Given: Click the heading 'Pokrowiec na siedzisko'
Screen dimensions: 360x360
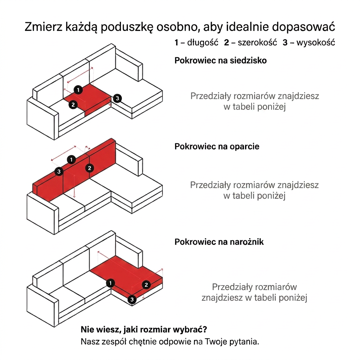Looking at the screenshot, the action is click(x=220, y=60).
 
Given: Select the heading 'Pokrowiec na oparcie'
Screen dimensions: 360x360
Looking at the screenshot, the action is click(x=217, y=147).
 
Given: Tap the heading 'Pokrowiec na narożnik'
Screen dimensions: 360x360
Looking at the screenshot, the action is click(x=219, y=242).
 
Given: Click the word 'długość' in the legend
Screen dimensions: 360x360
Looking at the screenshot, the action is click(x=203, y=43).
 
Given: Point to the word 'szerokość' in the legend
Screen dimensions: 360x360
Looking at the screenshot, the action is click(x=257, y=43).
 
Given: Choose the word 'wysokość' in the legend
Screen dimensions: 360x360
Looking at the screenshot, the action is click(x=316, y=43).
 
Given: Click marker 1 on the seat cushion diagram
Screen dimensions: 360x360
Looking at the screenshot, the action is click(x=78, y=90).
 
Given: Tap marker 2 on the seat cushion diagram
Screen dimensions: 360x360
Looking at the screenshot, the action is click(x=73, y=105).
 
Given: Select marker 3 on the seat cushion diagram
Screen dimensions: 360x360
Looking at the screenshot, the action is click(x=117, y=98).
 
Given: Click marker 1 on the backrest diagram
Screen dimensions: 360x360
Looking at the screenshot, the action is click(x=71, y=160).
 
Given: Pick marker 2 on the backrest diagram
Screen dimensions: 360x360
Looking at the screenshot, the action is click(x=90, y=168).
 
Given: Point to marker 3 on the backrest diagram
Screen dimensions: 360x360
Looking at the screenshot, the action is click(x=59, y=172).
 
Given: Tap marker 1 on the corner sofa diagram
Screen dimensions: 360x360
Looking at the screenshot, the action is click(x=110, y=283).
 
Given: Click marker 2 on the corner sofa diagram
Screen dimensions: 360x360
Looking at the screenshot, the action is click(x=146, y=285).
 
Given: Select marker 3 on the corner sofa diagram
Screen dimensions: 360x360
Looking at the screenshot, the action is click(x=132, y=300).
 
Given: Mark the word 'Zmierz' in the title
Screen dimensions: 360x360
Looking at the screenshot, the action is click(x=44, y=27).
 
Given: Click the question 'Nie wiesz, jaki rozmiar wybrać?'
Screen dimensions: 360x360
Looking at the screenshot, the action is click(x=144, y=330).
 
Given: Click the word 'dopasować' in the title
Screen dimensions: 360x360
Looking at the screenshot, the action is click(x=303, y=27).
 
